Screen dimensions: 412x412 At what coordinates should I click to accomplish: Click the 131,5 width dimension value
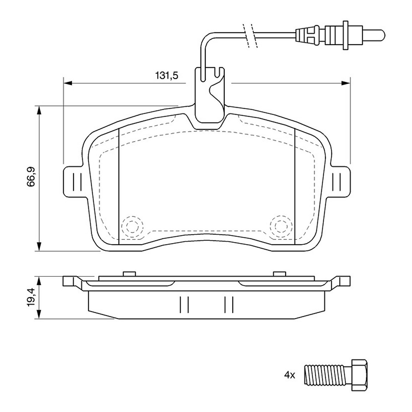[167, 76]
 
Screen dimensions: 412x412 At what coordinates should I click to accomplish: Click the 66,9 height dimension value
[31, 177]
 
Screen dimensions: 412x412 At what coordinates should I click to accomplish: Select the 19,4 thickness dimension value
[31, 297]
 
